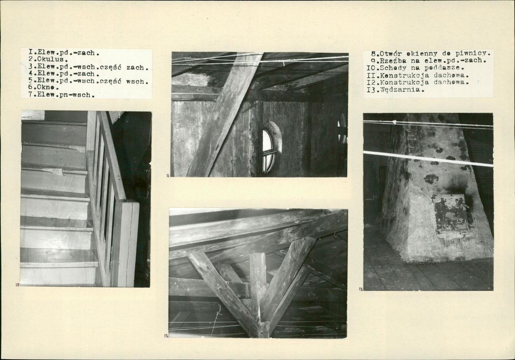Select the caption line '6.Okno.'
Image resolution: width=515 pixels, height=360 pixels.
click(x=44, y=88)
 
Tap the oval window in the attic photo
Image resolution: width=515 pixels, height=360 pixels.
click(x=271, y=147)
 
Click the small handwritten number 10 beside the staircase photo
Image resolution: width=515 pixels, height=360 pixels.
click(x=18, y=284)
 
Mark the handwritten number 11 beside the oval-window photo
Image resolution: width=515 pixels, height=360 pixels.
click(x=168, y=176)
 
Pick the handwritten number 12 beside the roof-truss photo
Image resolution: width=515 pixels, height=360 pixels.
click(x=166, y=336)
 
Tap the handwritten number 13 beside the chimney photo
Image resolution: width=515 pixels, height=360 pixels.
click(x=361, y=290)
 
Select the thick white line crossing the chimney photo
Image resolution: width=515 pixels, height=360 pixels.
click(x=428, y=159)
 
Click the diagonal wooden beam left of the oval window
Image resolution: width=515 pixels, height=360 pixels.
click(x=223, y=115)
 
